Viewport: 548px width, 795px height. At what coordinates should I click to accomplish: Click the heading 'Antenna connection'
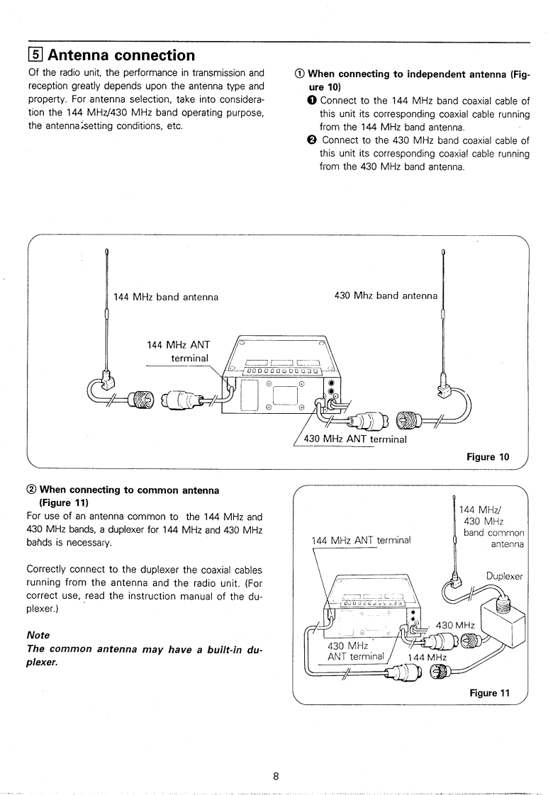pos(121,55)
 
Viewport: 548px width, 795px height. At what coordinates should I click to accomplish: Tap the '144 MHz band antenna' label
pos(166,297)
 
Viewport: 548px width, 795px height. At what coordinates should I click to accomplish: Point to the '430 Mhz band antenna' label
pos(386,295)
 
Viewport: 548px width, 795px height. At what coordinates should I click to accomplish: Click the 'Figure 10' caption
pos(488,457)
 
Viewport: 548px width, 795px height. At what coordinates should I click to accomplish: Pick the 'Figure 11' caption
pos(489,693)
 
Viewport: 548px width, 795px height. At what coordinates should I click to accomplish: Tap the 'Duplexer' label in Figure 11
pos(504,577)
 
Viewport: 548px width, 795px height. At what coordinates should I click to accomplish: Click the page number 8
pos(276,756)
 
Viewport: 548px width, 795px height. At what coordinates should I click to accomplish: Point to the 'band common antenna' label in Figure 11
pos(494,539)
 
